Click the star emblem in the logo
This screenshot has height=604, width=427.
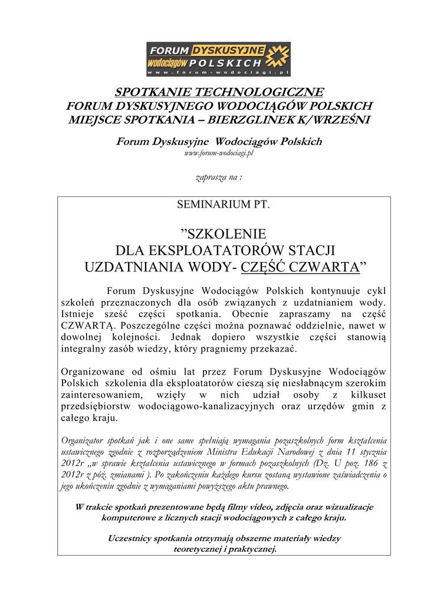278,57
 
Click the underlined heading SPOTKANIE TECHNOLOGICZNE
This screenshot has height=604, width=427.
219,93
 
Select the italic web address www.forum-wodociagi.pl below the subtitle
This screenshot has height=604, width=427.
218,153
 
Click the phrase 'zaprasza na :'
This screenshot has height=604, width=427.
218,178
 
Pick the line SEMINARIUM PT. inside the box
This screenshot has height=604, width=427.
224,205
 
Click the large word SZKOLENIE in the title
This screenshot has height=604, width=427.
223,234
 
